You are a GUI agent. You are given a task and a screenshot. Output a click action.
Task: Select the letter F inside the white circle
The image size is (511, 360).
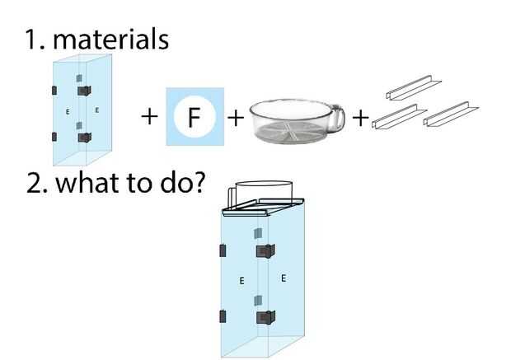pos(195,117)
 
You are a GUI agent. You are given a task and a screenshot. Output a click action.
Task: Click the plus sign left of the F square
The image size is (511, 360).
pos(148,116)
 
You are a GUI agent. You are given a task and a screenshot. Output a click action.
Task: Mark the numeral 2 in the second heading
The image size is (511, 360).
pos(35,183)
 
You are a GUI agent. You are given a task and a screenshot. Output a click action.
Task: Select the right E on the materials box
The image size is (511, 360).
pos(97,109)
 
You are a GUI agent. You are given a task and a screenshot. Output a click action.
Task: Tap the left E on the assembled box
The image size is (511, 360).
pos(241,281)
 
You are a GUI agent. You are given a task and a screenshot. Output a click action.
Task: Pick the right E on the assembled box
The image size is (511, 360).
pos(284,278)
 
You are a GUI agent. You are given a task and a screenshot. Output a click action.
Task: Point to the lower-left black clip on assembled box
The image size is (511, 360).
pos(222,316)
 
